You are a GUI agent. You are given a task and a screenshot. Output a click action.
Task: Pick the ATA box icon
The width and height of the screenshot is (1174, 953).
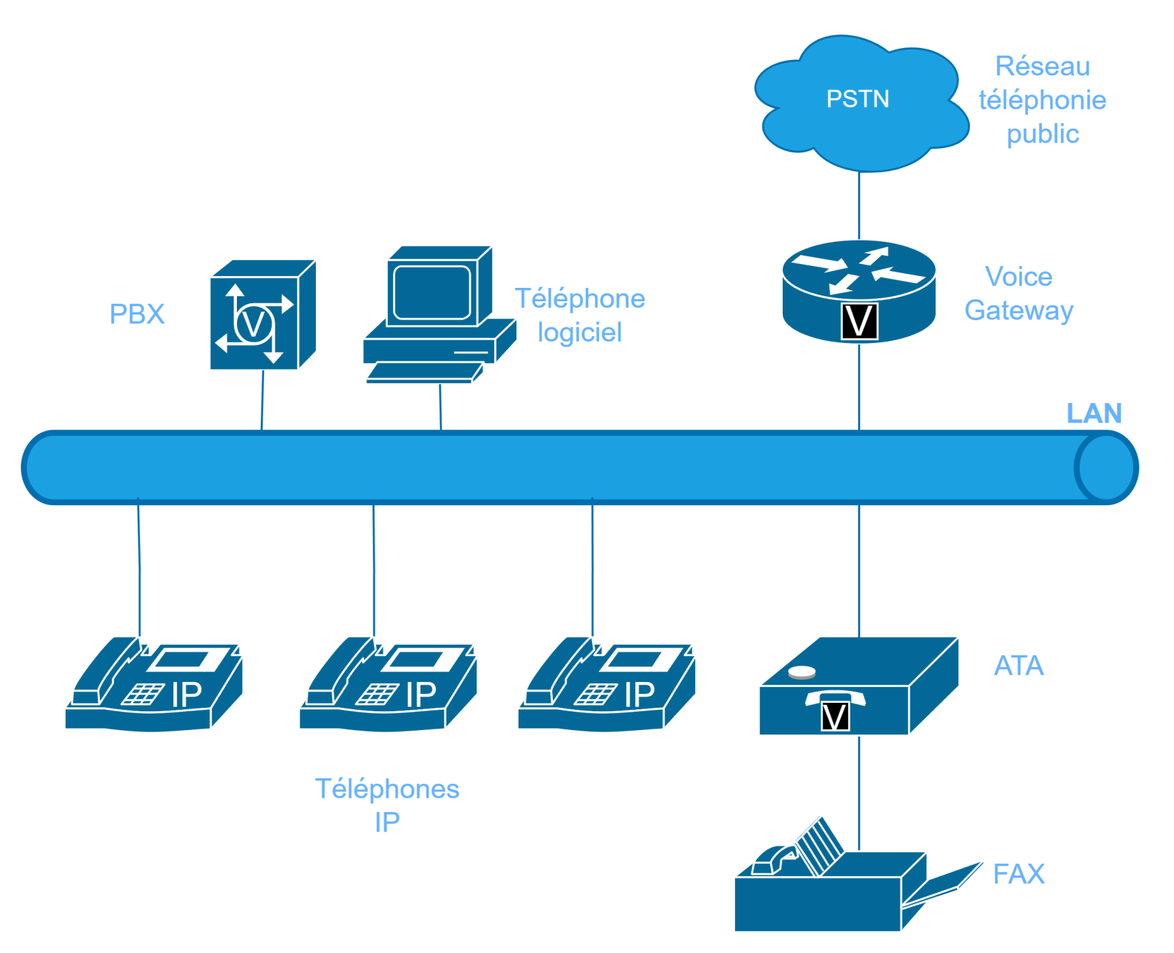(858, 688)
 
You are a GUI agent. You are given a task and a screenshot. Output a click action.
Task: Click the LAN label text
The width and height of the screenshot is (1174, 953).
(1094, 413)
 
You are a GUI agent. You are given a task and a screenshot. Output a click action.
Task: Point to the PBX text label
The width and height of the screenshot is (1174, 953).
(138, 314)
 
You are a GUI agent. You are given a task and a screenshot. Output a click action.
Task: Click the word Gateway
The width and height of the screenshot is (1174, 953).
(1019, 310)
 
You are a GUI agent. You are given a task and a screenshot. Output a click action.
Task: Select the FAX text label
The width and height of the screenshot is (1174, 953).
(1019, 874)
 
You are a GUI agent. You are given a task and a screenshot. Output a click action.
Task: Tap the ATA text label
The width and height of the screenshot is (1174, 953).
(1019, 666)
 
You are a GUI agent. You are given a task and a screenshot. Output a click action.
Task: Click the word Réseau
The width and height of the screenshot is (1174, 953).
(1042, 66)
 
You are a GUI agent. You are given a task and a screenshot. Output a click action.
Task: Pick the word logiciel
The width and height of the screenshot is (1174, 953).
(580, 333)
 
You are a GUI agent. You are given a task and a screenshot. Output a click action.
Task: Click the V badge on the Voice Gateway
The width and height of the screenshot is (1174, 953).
(859, 322)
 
